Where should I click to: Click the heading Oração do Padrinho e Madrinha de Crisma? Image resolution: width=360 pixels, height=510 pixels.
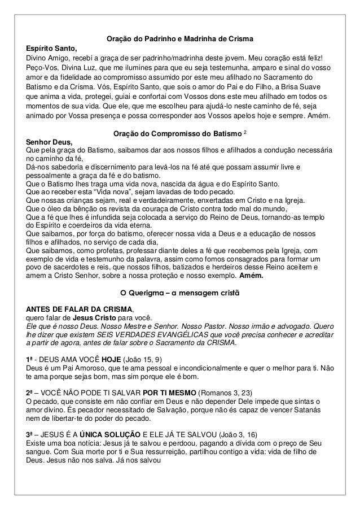[x=179, y=39]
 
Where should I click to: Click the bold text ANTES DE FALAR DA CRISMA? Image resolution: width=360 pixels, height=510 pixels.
[x=75, y=309]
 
